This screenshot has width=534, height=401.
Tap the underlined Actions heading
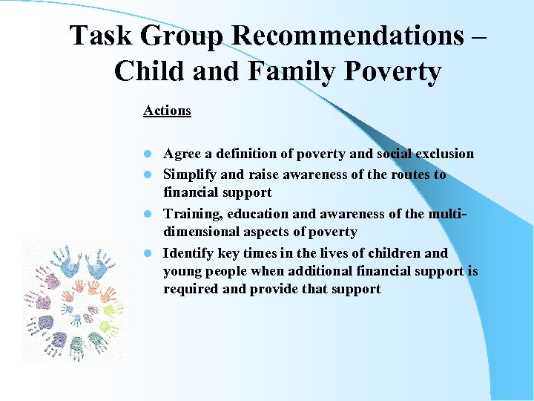click(x=167, y=111)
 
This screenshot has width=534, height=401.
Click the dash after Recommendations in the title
click(x=479, y=36)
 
